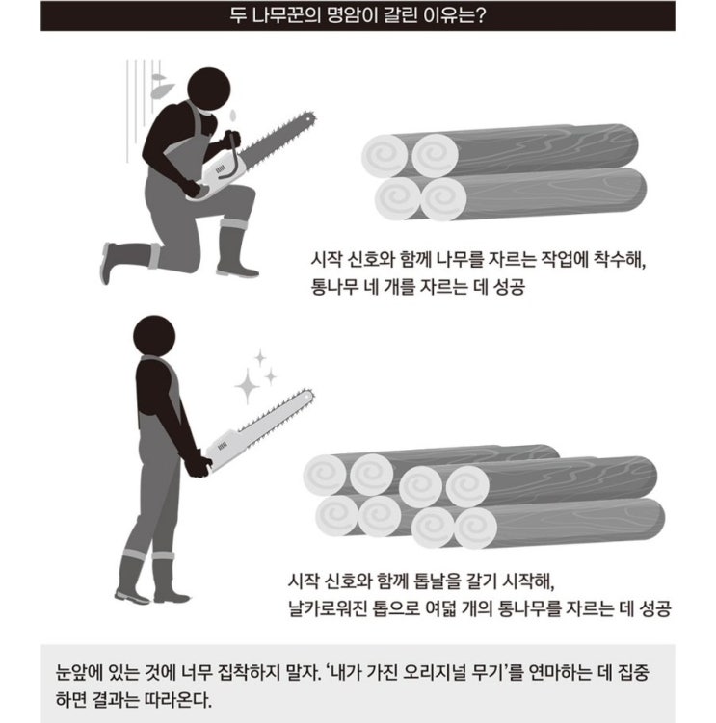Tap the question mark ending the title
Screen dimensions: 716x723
point(480,15)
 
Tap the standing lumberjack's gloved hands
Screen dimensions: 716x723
point(198,465)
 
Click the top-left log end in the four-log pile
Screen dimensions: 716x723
point(385,156)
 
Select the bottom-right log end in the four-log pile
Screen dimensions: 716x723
point(444,199)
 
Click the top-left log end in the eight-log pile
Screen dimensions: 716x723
point(325,475)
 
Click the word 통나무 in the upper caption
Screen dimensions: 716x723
point(334,287)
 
